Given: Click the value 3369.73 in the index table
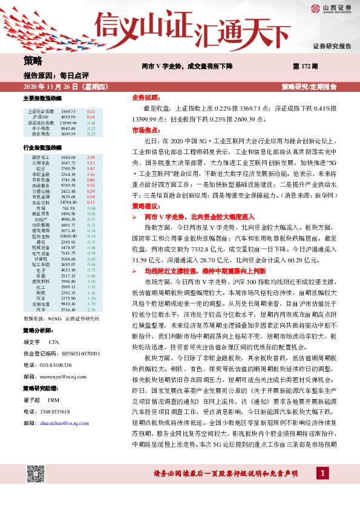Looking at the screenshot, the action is point(68,112).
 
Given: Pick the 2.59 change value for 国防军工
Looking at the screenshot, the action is point(91,157).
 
